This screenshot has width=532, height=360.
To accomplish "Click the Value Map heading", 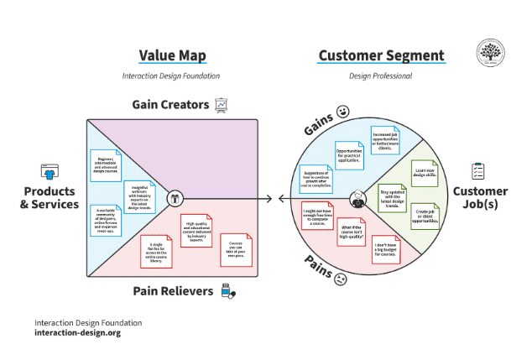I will (x=171, y=56).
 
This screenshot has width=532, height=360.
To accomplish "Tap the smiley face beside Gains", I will (x=342, y=111).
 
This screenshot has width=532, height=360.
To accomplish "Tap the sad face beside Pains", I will (x=341, y=279).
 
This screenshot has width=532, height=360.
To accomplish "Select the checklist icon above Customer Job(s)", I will (x=478, y=170).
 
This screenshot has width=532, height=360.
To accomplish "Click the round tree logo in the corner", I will (x=490, y=52).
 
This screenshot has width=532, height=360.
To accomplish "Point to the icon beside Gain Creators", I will (x=222, y=105).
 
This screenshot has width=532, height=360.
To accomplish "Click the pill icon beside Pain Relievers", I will (x=227, y=291).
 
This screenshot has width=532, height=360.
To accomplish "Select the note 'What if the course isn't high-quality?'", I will (x=353, y=228).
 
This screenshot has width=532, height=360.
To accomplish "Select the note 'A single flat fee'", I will (x=157, y=250).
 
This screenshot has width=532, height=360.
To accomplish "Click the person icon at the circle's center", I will (x=358, y=199).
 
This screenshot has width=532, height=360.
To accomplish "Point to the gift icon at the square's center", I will (x=175, y=199).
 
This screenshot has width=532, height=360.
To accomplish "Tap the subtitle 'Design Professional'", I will (x=380, y=76).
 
